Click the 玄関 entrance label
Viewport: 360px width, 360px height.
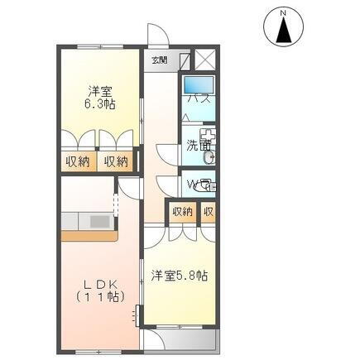point(160,60)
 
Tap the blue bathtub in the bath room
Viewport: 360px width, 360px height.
point(199,85)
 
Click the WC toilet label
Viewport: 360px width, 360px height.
point(198,185)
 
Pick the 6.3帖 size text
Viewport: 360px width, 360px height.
point(99,104)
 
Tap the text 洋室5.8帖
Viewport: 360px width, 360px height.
point(179,275)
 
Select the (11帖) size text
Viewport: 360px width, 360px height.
point(98,295)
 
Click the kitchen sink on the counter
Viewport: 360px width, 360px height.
point(99,222)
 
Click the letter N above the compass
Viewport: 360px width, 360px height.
point(283,12)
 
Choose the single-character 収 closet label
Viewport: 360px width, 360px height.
point(209,212)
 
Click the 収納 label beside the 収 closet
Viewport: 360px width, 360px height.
point(182,212)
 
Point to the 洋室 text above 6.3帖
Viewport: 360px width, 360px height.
point(99,91)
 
